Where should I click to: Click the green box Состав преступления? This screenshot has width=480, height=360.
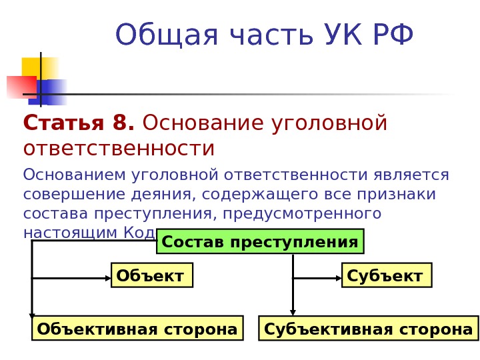[260, 241]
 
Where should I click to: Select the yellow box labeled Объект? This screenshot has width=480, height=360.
[151, 275]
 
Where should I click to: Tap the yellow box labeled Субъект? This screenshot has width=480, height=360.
[386, 275]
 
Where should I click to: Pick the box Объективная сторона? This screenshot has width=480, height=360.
[137, 329]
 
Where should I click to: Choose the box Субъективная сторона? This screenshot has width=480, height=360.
[368, 329]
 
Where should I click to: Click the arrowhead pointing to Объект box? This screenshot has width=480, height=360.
[108, 278]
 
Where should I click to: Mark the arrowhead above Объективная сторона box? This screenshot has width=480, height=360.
[32, 314]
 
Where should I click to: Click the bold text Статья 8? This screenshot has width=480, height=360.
[79, 123]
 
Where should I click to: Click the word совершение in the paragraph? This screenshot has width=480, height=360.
[63, 195]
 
